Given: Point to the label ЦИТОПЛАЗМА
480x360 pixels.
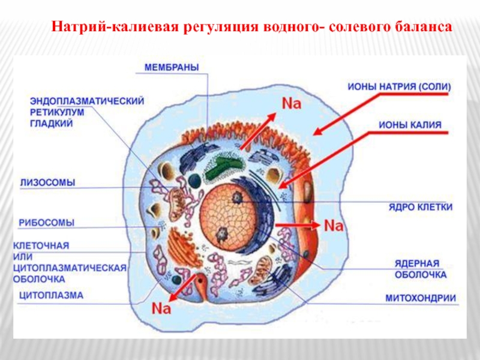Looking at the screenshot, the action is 51,295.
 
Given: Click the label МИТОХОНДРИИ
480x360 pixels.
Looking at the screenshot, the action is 420,298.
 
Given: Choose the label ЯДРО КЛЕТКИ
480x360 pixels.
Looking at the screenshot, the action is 420,208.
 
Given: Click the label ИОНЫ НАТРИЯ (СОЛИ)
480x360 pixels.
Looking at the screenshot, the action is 399,86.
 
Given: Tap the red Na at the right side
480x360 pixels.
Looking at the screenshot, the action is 333,226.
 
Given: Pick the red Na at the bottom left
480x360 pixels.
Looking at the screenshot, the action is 161,308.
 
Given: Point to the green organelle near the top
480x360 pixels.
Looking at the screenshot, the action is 223,169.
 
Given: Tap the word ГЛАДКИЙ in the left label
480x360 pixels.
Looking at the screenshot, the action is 51,123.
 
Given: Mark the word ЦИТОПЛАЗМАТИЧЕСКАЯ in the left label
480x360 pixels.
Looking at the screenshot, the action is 69,268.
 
